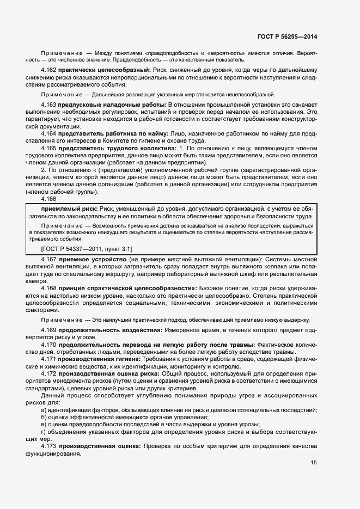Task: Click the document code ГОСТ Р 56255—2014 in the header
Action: [x=287, y=36]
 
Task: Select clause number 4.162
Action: [x=49, y=71]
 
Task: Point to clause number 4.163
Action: [x=49, y=104]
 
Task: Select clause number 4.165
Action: [x=49, y=148]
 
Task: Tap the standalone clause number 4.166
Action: [x=49, y=199]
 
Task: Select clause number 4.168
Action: [x=49, y=287]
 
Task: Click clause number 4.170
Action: [x=49, y=345]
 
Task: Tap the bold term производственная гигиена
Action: [x=100, y=360]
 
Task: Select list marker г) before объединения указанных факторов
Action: [x=44, y=431]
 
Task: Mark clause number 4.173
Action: [x=49, y=446]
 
